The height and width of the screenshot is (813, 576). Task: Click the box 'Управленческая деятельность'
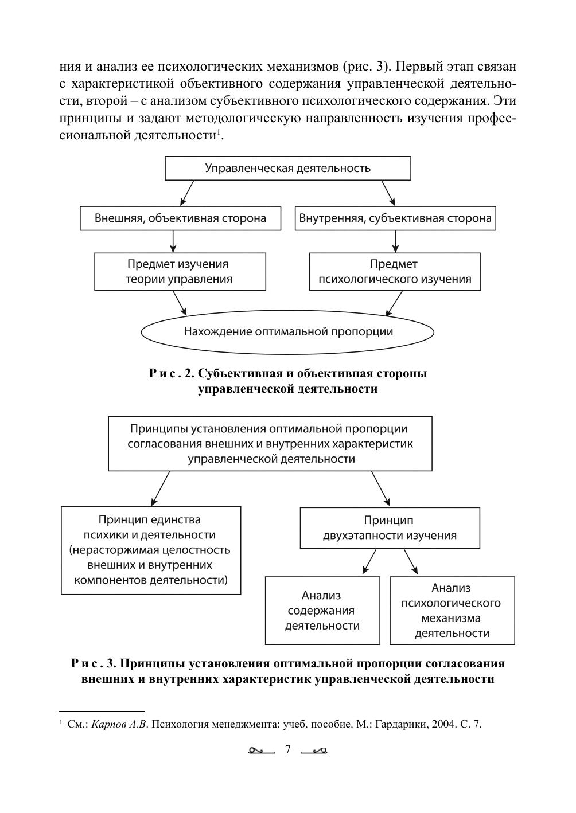(288, 169)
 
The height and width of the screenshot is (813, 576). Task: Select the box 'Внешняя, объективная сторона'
(180, 218)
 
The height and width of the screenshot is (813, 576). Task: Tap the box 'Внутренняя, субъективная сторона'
(395, 218)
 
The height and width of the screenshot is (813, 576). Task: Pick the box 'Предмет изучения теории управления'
(180, 272)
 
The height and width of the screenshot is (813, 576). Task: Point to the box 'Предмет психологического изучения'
(395, 272)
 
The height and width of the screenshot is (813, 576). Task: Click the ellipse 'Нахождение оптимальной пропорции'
(288, 331)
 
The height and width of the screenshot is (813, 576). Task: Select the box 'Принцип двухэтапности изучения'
(390, 527)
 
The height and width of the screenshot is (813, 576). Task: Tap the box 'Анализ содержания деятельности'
(322, 611)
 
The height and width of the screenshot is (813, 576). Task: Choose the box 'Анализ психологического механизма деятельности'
(452, 611)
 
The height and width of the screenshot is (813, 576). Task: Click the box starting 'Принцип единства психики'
(151, 550)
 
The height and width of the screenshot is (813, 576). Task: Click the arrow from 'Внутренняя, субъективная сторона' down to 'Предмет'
(395, 241)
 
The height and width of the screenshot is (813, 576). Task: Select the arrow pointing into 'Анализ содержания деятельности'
(369, 562)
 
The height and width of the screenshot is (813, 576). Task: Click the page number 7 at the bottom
(288, 749)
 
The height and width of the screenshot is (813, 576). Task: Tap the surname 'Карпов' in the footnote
(109, 724)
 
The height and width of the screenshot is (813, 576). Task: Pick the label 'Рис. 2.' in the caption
(172, 374)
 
